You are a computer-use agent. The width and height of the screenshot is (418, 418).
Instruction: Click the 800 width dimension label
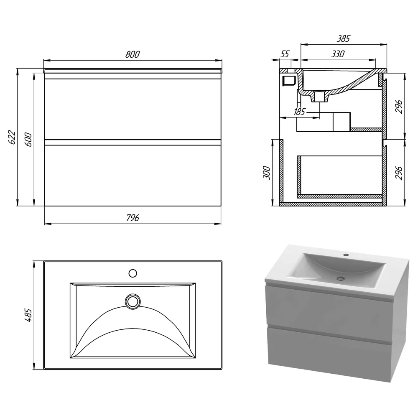tap(133, 54)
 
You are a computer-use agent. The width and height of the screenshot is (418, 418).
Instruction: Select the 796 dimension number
tap(133, 218)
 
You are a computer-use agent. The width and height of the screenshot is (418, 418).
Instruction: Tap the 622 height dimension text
tap(12, 137)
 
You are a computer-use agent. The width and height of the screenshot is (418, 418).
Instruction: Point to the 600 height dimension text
tap(28, 139)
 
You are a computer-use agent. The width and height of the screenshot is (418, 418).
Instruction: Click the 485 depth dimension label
tap(28, 315)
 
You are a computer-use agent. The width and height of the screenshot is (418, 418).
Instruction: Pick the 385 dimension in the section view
tap(343, 38)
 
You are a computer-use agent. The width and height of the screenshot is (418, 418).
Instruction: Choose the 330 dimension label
tap(338, 54)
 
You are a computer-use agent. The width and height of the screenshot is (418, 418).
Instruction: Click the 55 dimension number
tap(285, 54)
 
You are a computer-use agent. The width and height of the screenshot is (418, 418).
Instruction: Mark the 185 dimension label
tap(299, 112)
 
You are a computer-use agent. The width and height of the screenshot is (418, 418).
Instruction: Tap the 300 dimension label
tap(267, 173)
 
